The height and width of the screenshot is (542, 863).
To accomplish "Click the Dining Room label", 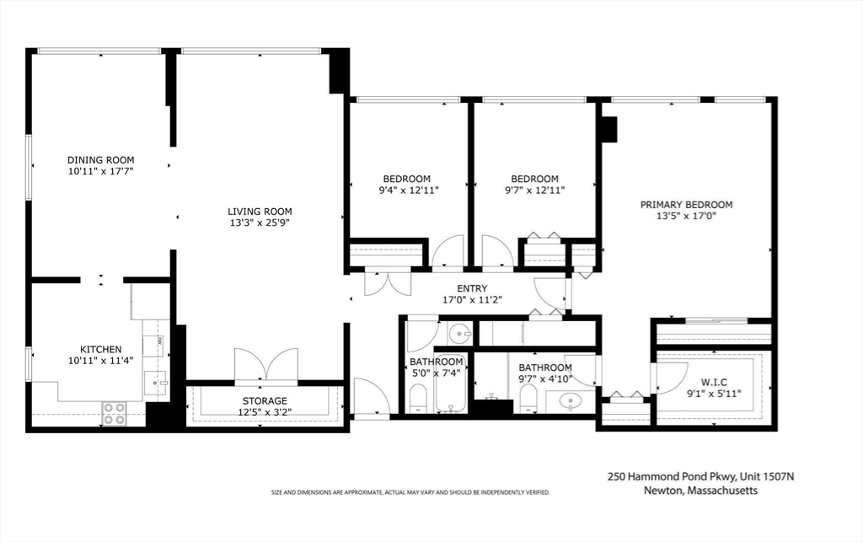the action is click(x=101, y=160).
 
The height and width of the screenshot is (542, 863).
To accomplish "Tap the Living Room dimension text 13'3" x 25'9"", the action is click(x=260, y=223).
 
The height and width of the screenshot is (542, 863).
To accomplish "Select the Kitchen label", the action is click(x=101, y=350).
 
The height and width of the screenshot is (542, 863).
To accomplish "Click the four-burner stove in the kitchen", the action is click(x=115, y=413).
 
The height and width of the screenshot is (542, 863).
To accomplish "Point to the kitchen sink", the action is click(x=156, y=383).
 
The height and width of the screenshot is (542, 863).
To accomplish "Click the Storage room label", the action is click(x=265, y=401).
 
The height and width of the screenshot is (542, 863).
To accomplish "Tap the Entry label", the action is click(x=472, y=288).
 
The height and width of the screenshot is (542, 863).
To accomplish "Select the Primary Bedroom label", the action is click(x=686, y=205).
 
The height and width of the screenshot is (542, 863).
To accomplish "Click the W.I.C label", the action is click(x=714, y=383).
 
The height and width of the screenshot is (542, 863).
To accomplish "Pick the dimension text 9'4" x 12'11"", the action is click(x=407, y=191).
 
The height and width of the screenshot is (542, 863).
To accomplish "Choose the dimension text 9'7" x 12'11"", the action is click(x=534, y=191).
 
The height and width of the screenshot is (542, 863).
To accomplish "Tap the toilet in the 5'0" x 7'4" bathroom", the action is click(x=418, y=399).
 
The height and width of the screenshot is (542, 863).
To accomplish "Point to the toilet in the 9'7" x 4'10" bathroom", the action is click(x=528, y=398).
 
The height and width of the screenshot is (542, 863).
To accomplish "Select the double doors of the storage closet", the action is click(x=266, y=365).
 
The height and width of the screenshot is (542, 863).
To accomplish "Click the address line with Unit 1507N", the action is click(x=700, y=476).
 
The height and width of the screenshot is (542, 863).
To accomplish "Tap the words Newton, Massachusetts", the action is click(x=700, y=491).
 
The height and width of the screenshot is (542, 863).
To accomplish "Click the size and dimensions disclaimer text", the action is click(x=410, y=492).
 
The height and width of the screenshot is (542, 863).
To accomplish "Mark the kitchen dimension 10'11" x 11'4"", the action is click(x=101, y=361).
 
